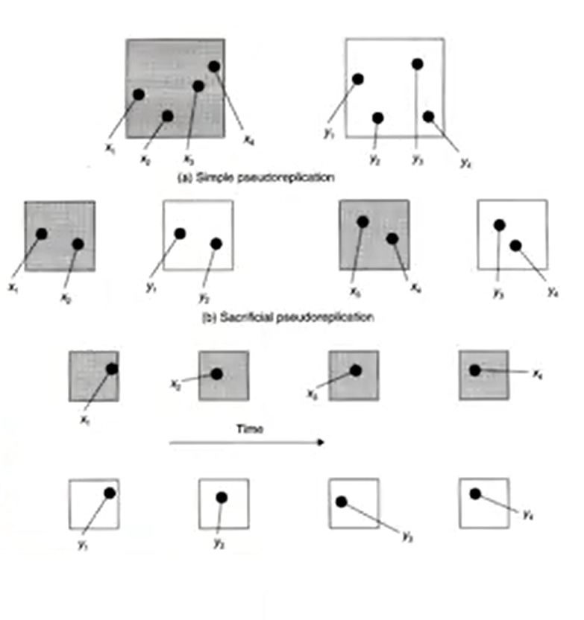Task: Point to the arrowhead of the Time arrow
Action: tap(322, 443)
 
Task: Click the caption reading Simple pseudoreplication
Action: tap(254, 178)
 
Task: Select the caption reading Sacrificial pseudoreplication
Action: tap(288, 317)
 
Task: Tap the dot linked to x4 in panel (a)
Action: tap(214, 66)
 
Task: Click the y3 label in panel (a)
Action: tap(416, 159)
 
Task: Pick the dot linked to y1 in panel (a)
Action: tap(358, 79)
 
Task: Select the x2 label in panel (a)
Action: tap(145, 159)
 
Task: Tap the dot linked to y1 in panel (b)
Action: tap(180, 233)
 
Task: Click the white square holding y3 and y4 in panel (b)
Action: tap(512, 234)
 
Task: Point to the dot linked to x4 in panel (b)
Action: tap(392, 238)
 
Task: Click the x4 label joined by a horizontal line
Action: tap(536, 372)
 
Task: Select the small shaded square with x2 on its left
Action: tap(223, 376)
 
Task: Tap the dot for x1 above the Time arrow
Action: tap(111, 369)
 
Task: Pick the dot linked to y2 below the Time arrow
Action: tap(222, 498)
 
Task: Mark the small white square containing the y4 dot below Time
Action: tap(483, 503)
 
